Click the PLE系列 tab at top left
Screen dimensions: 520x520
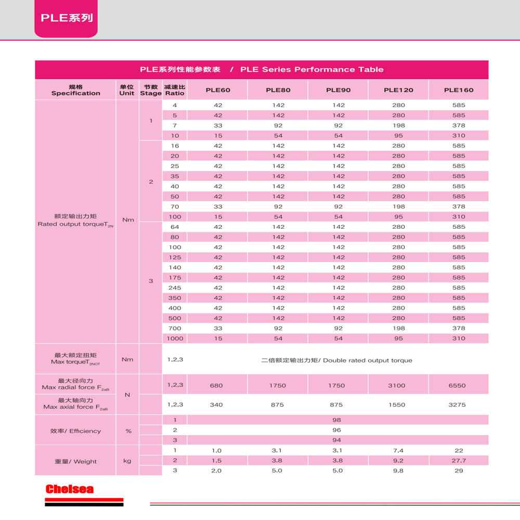pyautogui.click(x=67, y=18)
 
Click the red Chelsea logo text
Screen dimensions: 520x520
pyautogui.click(x=69, y=489)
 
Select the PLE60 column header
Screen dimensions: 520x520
pyautogui.click(x=218, y=90)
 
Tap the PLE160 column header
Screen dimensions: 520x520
pyautogui.click(x=459, y=90)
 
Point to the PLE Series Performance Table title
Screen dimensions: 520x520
pyautogui.click(x=262, y=70)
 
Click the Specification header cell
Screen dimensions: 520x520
pyautogui.click(x=76, y=90)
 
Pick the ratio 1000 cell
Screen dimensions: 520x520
pyautogui.click(x=175, y=339)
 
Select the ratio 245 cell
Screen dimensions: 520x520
pyautogui.click(x=175, y=288)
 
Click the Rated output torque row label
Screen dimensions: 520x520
pyautogui.click(x=76, y=220)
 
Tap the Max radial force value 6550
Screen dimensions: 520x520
pyautogui.click(x=459, y=386)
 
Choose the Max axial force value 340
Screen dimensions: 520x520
pyautogui.click(x=216, y=405)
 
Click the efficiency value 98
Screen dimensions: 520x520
pyautogui.click(x=337, y=420)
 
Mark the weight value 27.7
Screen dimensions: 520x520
pyautogui.click(x=459, y=461)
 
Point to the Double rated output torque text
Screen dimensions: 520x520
pyautogui.click(x=336, y=360)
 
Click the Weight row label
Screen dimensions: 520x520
pyautogui.click(x=76, y=461)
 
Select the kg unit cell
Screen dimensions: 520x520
pyautogui.click(x=127, y=461)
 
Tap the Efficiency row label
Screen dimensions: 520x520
pyautogui.click(x=76, y=431)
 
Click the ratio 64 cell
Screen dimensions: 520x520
pyautogui.click(x=175, y=227)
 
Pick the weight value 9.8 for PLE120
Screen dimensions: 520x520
pyautogui.click(x=398, y=471)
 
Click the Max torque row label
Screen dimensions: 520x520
pyautogui.click(x=76, y=359)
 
